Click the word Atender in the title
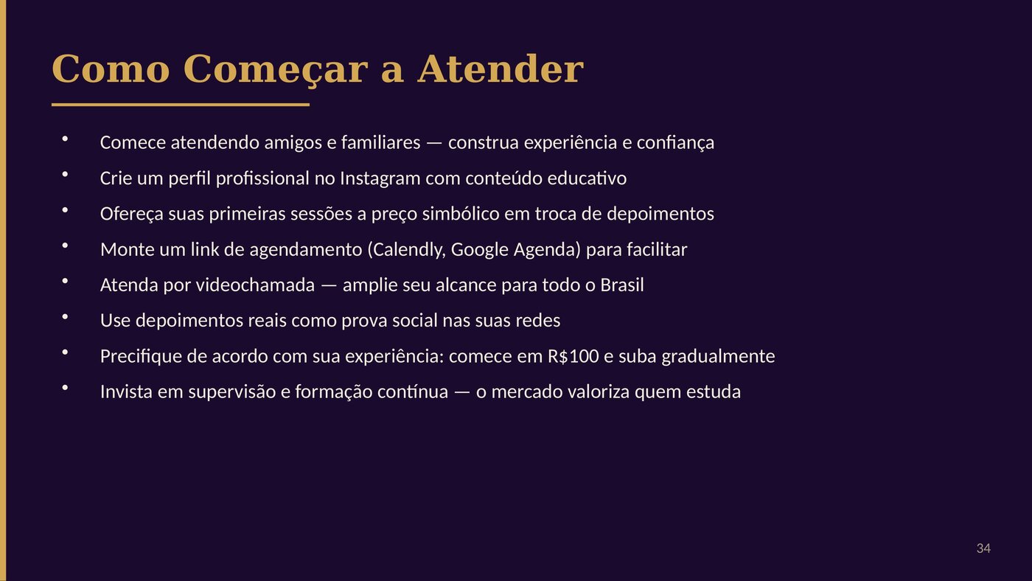click(x=501, y=69)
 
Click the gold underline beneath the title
click(x=180, y=105)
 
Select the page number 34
click(x=983, y=549)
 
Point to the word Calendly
click(x=407, y=250)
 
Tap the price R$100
click(x=573, y=356)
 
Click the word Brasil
click(x=622, y=285)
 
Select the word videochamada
click(x=255, y=285)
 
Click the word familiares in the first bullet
click(x=380, y=142)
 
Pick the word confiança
click(x=675, y=143)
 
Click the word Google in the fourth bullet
click(x=480, y=250)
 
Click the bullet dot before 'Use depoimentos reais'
click(x=65, y=316)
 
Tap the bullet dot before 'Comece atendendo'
click(x=65, y=138)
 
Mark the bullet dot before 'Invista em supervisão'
click(x=65, y=388)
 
